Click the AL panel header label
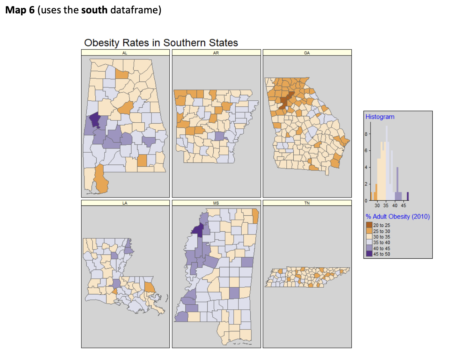point(125,53)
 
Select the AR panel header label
point(216,53)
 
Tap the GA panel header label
point(307,53)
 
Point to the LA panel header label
point(125,203)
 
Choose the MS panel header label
point(216,203)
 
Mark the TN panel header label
point(307,203)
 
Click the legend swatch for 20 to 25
point(369,225)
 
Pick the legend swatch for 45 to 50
point(369,254)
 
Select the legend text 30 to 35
point(382,237)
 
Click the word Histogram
point(380,117)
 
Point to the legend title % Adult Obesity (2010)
point(398,217)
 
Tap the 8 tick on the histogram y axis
point(366,134)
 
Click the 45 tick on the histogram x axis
point(404,205)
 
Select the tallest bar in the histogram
point(387,162)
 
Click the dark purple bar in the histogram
point(408,196)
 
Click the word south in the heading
point(94,10)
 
